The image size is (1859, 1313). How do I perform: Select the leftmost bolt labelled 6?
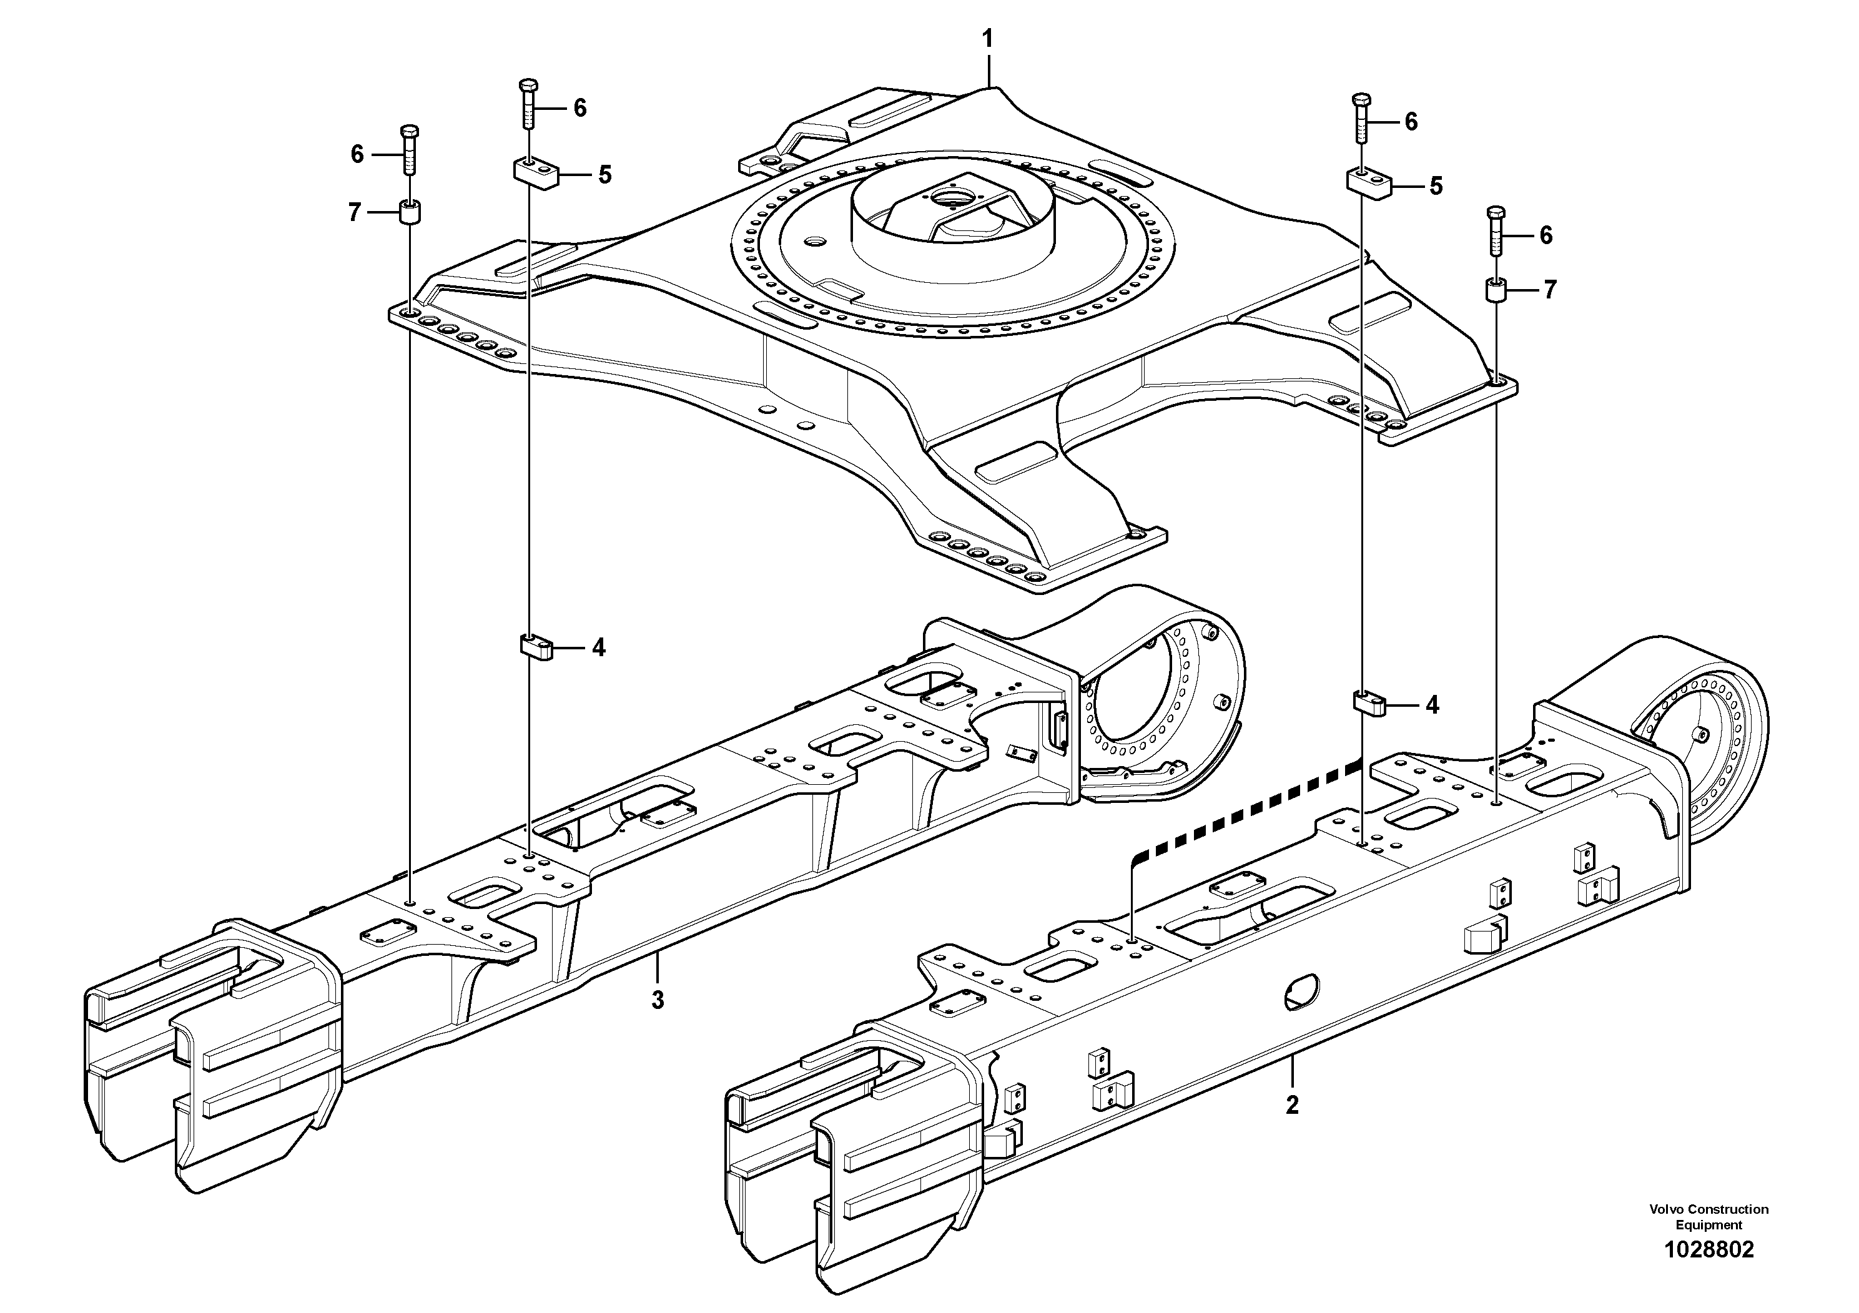[x=410, y=149]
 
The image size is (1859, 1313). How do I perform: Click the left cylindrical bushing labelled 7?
[x=410, y=215]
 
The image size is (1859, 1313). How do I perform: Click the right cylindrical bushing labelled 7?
[x=1496, y=289]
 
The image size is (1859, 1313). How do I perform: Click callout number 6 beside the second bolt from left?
[x=579, y=107]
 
